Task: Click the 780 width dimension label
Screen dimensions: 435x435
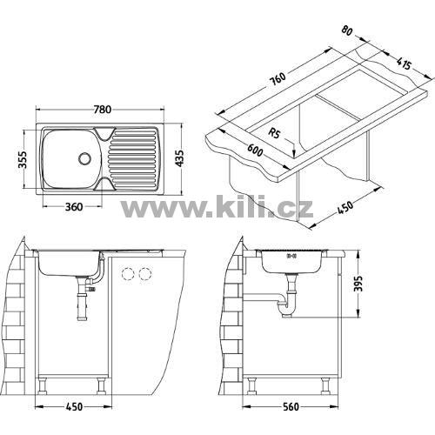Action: pyautogui.click(x=103, y=110)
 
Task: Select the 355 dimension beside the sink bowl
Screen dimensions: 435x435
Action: pyautogui.click(x=23, y=159)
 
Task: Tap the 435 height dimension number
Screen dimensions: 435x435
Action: pyautogui.click(x=180, y=158)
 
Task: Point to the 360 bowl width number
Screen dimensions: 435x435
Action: pyautogui.click(x=74, y=207)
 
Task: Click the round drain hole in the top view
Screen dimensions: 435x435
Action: pyautogui.click(x=84, y=158)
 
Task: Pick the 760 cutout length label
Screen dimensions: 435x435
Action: pyautogui.click(x=278, y=78)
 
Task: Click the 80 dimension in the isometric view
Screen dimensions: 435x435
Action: pyautogui.click(x=347, y=30)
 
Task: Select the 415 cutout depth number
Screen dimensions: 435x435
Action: pyautogui.click(x=404, y=64)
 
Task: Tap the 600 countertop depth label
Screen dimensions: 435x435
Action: pyautogui.click(x=255, y=150)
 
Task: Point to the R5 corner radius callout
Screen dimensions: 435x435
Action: pyautogui.click(x=274, y=133)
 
